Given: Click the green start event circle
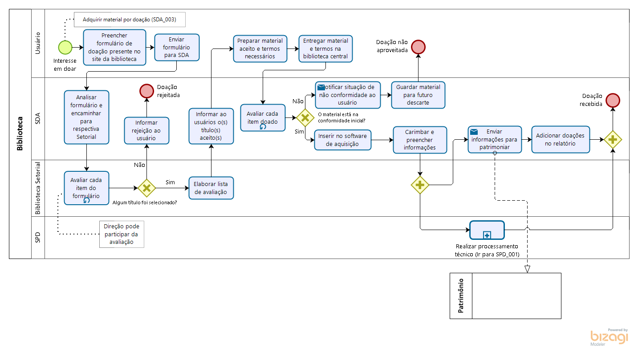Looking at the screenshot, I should [x=65, y=47].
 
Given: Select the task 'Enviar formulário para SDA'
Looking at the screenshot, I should [x=177, y=47].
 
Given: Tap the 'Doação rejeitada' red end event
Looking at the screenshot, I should [x=146, y=91].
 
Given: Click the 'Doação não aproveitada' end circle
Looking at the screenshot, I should [x=418, y=47].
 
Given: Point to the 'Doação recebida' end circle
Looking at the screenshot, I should [x=613, y=101].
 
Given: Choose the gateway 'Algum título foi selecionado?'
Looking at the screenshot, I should [x=146, y=188].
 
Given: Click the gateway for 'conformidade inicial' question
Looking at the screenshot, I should [x=305, y=118].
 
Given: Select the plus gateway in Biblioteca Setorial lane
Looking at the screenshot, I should [x=420, y=185].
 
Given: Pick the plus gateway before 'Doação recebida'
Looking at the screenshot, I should [x=613, y=140].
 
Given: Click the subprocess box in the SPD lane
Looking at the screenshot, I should [x=487, y=230].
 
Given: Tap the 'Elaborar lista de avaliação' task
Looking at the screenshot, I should [x=211, y=188].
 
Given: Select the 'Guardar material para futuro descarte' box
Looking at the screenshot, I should [x=418, y=95].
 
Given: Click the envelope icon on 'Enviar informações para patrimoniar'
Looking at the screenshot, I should [x=474, y=132].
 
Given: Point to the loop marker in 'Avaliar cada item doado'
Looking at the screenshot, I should [x=263, y=127].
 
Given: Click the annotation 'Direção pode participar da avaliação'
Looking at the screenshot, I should [x=122, y=234].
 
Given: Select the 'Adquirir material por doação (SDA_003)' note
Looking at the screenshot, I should [x=129, y=20].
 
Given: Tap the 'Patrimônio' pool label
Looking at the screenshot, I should [x=461, y=296].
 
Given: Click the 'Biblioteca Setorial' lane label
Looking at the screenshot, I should [x=38, y=188].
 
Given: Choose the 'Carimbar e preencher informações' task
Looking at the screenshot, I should [x=419, y=140].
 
